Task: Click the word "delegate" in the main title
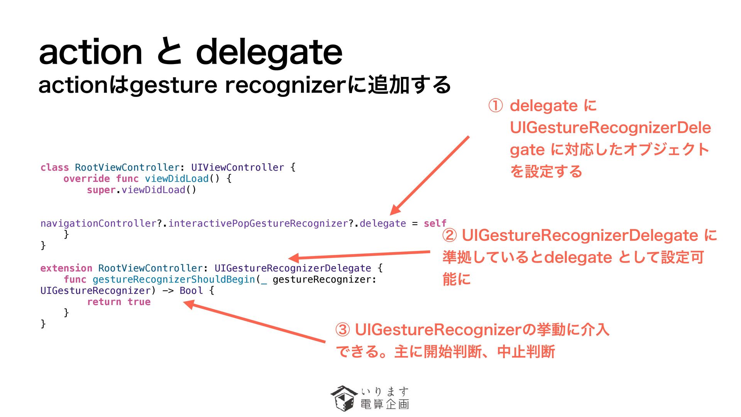269,52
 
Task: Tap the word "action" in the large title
91,52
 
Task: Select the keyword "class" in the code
54,167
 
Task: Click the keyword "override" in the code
86,178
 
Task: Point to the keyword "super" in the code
101,190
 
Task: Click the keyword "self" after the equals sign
435,223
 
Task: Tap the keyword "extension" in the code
66,268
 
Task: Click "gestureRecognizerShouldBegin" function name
174,279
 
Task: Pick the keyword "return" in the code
104,302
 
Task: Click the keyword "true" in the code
139,302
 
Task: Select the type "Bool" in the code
191,290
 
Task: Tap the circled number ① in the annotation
496,105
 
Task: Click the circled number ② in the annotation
450,235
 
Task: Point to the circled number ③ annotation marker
343,330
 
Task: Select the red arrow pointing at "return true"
255,322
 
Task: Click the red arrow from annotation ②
359,255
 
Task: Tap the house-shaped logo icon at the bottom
343,398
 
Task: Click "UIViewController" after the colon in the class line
237,167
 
